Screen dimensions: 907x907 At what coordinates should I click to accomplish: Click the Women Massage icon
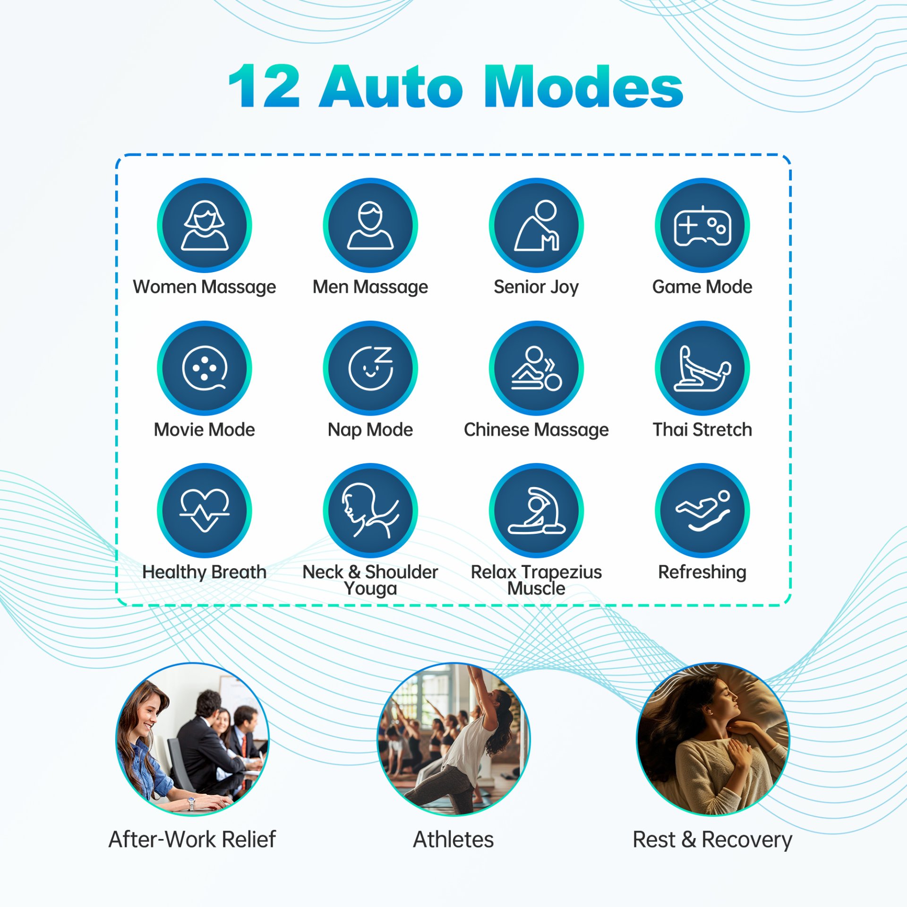click(x=204, y=225)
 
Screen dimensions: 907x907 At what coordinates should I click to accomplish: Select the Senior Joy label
click(x=536, y=287)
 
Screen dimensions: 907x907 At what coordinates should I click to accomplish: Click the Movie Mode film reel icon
click(x=204, y=368)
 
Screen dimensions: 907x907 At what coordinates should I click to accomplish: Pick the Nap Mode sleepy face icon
click(x=370, y=368)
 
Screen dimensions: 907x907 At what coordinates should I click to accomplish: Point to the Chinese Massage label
click(x=536, y=430)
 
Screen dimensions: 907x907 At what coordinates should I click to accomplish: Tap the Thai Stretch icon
click(x=702, y=368)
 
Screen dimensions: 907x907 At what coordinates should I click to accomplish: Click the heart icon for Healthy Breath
click(x=204, y=510)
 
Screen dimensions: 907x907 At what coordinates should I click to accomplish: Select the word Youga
click(x=370, y=589)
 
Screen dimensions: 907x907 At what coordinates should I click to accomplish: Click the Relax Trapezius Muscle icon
click(x=536, y=510)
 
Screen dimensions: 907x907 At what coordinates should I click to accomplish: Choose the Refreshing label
click(x=702, y=572)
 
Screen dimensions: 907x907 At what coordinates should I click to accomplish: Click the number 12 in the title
click(x=265, y=86)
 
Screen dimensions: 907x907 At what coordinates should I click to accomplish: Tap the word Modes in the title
click(x=583, y=86)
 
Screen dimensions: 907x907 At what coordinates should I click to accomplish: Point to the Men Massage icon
click(x=370, y=225)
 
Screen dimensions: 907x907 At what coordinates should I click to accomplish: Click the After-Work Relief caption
click(x=192, y=839)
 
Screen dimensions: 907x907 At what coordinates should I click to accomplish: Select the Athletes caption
click(x=453, y=839)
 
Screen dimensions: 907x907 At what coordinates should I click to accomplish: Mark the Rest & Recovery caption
click(x=712, y=839)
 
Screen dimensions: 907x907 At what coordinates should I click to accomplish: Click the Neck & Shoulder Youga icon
click(x=370, y=510)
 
